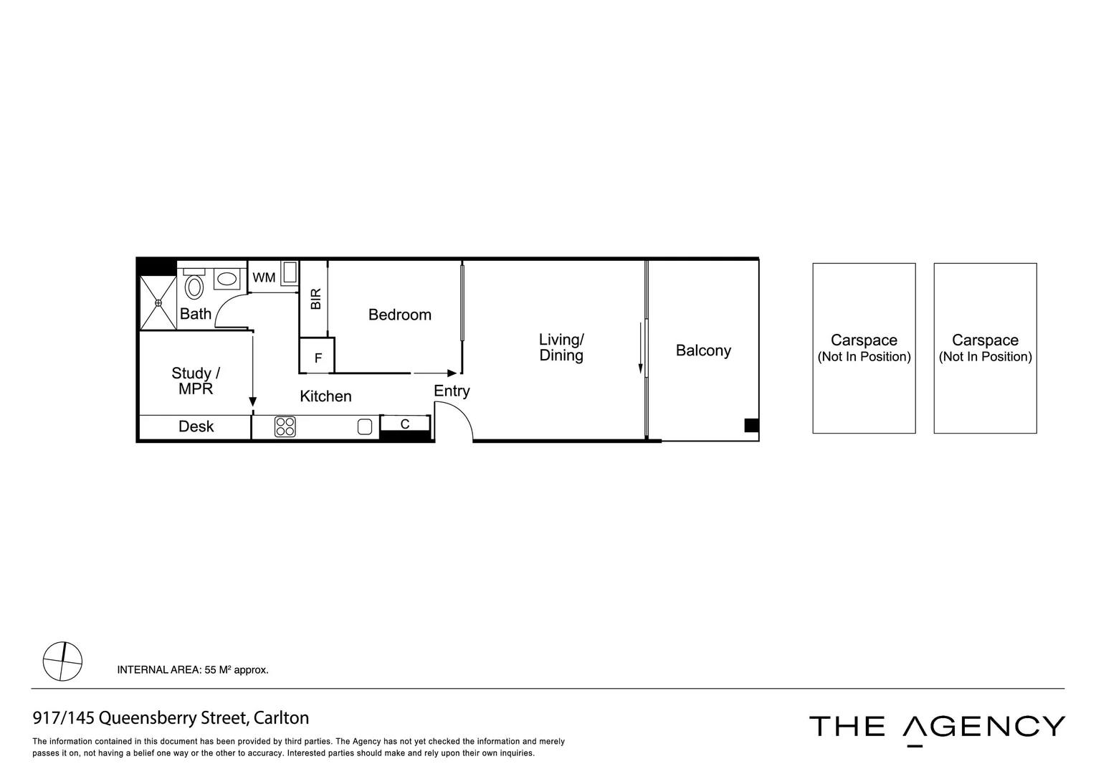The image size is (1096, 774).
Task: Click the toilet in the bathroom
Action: tap(194, 287)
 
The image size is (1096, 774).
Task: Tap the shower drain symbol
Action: tap(158, 303)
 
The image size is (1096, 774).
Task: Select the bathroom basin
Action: tap(227, 279)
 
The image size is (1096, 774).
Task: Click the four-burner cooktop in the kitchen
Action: tap(285, 427)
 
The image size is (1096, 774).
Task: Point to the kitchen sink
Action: tap(365, 427)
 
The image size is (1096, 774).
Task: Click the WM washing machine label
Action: tap(264, 277)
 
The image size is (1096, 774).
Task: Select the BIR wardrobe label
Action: tap(315, 298)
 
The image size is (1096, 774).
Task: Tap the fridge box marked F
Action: tap(318, 358)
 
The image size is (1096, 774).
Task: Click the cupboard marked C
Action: tap(405, 424)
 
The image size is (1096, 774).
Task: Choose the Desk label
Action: tap(196, 426)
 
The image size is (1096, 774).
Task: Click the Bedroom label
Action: tap(399, 315)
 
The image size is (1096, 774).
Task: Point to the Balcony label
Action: tap(703, 350)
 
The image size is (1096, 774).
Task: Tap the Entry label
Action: tap(452, 391)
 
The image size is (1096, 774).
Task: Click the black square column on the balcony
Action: tap(751, 425)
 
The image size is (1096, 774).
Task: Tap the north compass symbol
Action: tap(62, 661)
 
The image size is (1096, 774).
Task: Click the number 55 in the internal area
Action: tap(211, 670)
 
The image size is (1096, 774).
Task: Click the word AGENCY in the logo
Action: tap(983, 727)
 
